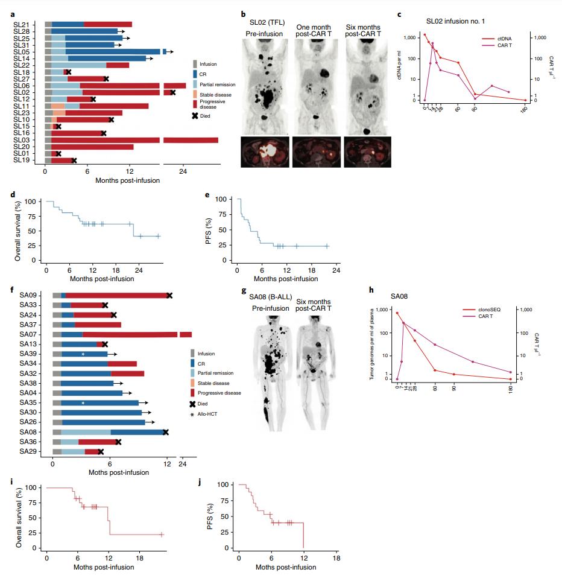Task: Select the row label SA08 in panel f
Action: [x=28, y=432]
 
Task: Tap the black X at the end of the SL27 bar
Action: [x=106, y=78]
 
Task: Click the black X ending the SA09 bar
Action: [x=169, y=295]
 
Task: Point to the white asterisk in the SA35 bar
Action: [x=83, y=403]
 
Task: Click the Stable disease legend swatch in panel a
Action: [x=195, y=94]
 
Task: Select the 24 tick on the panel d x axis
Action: [x=138, y=270]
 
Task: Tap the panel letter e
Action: [x=207, y=196]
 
